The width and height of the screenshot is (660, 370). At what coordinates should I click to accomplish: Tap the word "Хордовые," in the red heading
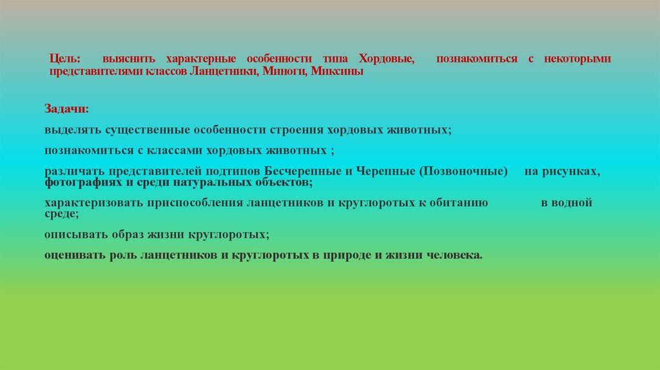pos(387,59)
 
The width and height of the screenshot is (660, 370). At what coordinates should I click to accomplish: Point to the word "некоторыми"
pos(576,59)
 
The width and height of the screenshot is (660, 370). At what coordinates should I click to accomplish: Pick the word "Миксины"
pos(337,72)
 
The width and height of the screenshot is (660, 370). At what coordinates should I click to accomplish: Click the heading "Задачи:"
pos(67,108)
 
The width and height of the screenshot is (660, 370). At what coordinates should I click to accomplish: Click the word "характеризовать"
pos(88,203)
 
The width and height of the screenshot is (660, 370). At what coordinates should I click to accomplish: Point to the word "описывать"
pos(71,233)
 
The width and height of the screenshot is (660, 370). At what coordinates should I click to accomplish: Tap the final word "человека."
pos(454,255)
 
